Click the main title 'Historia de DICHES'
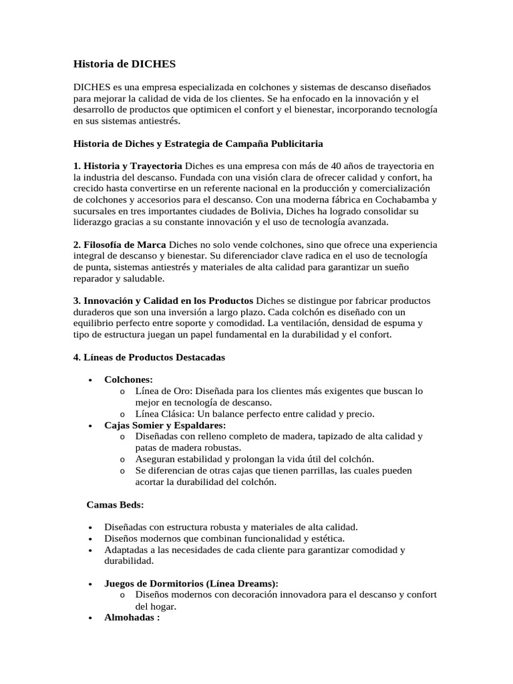point(124,63)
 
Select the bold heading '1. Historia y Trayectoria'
point(127,165)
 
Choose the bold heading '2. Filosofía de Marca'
point(120,244)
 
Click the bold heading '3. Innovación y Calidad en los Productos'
point(163,300)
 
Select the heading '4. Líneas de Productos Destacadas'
point(148,357)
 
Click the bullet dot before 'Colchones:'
point(90,379)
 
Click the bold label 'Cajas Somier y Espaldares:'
point(165,425)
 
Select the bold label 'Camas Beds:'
point(116,504)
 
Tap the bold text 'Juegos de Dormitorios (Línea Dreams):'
point(191,583)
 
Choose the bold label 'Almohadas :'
point(132,618)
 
